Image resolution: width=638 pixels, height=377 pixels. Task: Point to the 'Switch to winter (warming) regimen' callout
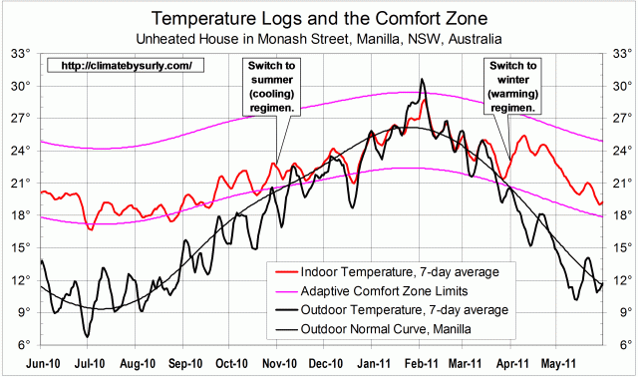(511, 85)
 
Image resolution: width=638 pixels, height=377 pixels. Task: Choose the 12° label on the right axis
(618, 280)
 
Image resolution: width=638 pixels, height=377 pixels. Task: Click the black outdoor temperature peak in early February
(423, 80)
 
